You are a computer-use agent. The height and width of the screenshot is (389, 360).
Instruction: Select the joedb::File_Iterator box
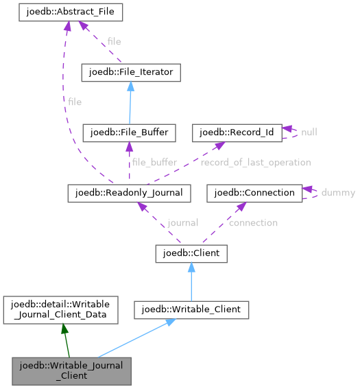[x=130, y=72]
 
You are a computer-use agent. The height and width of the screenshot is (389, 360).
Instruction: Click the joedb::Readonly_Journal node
[x=128, y=193]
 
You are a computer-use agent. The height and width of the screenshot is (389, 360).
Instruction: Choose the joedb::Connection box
[x=255, y=193]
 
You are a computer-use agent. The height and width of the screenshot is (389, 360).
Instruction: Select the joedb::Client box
[x=191, y=254]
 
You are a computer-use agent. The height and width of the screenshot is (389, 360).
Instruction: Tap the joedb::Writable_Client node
[x=191, y=310]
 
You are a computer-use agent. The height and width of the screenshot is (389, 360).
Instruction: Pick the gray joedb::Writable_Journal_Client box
[x=71, y=370]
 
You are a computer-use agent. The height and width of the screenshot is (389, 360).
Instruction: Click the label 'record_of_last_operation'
[x=255, y=163]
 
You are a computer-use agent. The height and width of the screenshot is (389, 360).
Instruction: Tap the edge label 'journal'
[x=183, y=223]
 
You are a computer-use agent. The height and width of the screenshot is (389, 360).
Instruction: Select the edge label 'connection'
[x=253, y=223]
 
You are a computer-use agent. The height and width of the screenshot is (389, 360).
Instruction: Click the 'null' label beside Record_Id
[x=309, y=132]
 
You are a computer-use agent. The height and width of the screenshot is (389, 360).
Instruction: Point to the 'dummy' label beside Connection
[x=338, y=193]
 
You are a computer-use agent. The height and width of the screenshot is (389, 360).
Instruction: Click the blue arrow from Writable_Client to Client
[x=191, y=282]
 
